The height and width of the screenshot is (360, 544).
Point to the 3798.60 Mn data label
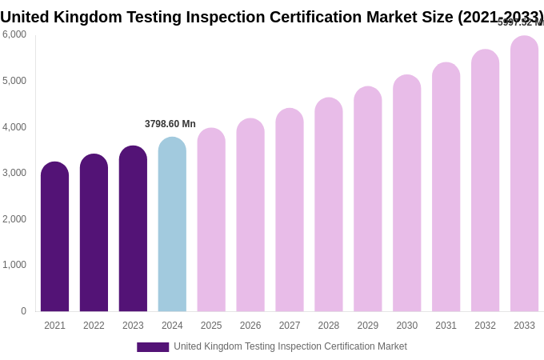pyautogui.click(x=170, y=124)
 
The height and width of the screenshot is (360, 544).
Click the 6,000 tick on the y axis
pyautogui.click(x=14, y=34)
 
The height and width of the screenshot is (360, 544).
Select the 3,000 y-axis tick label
pyautogui.click(x=14, y=173)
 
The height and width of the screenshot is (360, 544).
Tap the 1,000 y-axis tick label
pyautogui.click(x=14, y=265)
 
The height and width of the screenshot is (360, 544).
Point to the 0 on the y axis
pyautogui.click(x=23, y=311)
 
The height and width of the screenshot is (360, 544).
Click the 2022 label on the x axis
pyautogui.click(x=94, y=326)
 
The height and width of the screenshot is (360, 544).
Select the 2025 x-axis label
pyautogui.click(x=211, y=326)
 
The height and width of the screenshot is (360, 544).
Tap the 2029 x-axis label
pyautogui.click(x=367, y=326)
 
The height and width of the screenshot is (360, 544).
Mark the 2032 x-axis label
pyautogui.click(x=485, y=326)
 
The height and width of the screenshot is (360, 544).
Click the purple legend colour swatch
pyautogui.click(x=153, y=347)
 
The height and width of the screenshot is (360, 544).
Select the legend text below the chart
pyautogui.click(x=290, y=346)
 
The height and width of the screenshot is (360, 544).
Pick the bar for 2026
pyautogui.click(x=250, y=215)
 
